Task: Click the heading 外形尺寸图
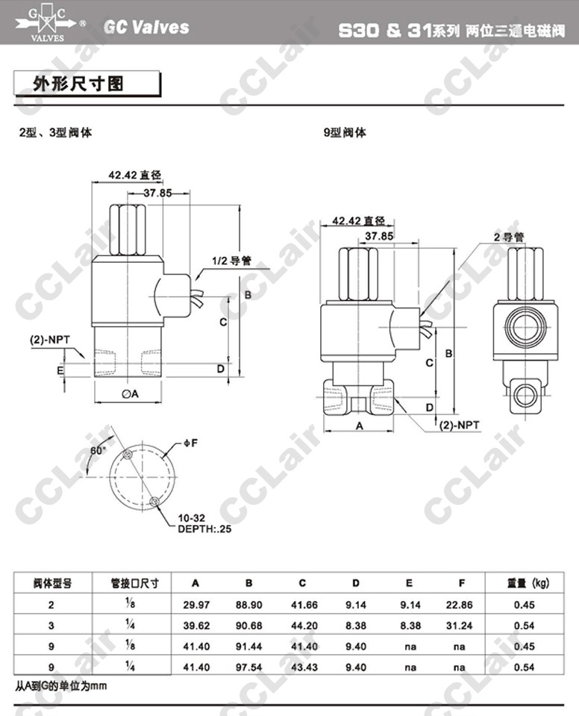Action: click(x=78, y=84)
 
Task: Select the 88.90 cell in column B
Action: click(x=248, y=605)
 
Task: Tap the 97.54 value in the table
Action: click(x=248, y=667)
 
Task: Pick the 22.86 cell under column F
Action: click(x=459, y=605)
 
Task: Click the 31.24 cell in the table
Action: click(x=459, y=626)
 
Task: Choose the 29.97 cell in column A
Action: click(x=196, y=605)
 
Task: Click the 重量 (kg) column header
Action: click(x=528, y=582)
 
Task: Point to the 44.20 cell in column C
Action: click(x=304, y=626)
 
